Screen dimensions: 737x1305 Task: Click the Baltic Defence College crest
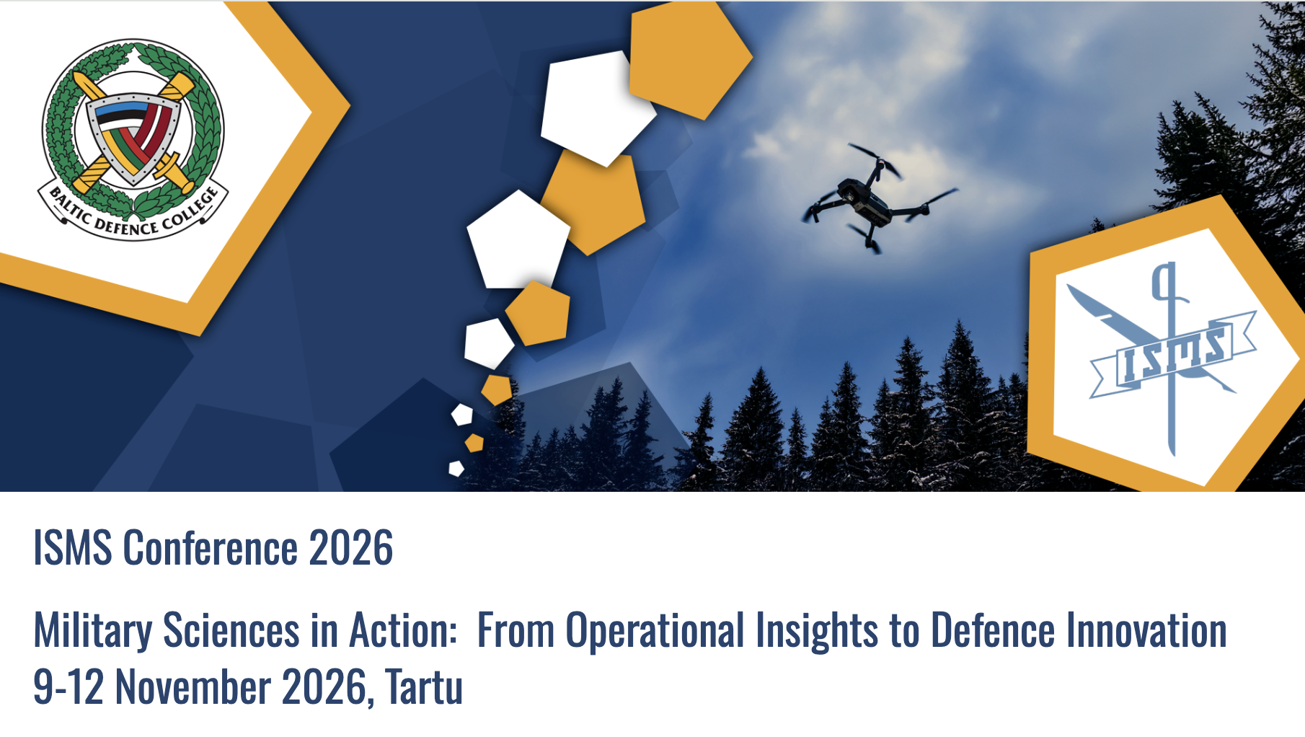(133, 137)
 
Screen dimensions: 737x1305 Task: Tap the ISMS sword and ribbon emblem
(1172, 353)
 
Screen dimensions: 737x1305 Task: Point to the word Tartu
(424, 687)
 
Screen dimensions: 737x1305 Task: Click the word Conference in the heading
(210, 548)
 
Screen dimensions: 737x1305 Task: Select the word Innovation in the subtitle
(1146, 630)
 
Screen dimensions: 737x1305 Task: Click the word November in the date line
(193, 687)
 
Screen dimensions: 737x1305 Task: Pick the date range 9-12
(68, 687)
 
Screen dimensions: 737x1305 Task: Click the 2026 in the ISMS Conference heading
(350, 548)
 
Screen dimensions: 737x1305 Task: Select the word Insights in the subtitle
(816, 630)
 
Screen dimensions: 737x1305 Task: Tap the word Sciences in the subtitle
(231, 630)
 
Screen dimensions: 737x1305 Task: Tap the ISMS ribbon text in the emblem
(1172, 353)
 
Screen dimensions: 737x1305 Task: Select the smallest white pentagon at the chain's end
(456, 469)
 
